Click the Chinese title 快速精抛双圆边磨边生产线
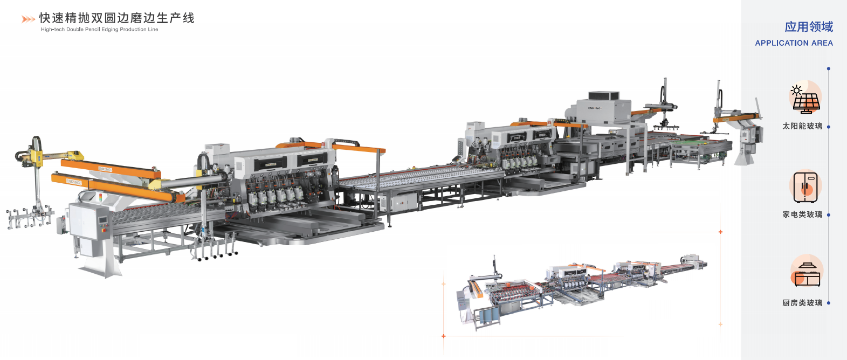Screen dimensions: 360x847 [116, 18]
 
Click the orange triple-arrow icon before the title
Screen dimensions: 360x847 [28, 19]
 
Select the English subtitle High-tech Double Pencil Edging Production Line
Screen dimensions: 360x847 [100, 30]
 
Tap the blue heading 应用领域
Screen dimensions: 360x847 [808, 27]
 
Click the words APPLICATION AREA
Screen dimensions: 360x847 [794, 43]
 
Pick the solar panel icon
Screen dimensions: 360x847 [805, 99]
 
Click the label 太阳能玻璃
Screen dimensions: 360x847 [802, 126]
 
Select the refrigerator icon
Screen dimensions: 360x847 [805, 187]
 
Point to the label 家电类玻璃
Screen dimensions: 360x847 [802, 214]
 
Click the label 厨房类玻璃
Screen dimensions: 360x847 [802, 303]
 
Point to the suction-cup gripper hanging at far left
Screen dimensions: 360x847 [30, 218]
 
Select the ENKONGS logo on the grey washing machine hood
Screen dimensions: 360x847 [595, 108]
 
